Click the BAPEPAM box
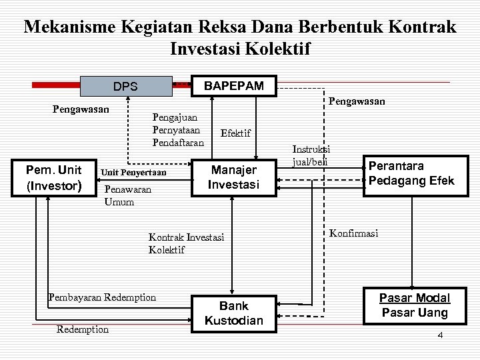pyautogui.click(x=233, y=86)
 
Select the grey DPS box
pyautogui.click(x=125, y=87)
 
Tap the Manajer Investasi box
pyautogui.click(x=233, y=177)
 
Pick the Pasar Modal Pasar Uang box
pyautogui.click(x=415, y=305)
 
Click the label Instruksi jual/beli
pyautogui.click(x=311, y=157)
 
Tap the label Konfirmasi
pyautogui.click(x=353, y=233)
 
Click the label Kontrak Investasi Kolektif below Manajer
pyautogui.click(x=186, y=243)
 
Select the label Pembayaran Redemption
pyautogui.click(x=102, y=297)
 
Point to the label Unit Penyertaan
pyautogui.click(x=133, y=173)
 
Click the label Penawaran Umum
pyautogui.click(x=128, y=195)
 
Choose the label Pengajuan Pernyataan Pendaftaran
pyautogui.click(x=178, y=129)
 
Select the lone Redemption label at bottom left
pyautogui.click(x=83, y=329)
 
